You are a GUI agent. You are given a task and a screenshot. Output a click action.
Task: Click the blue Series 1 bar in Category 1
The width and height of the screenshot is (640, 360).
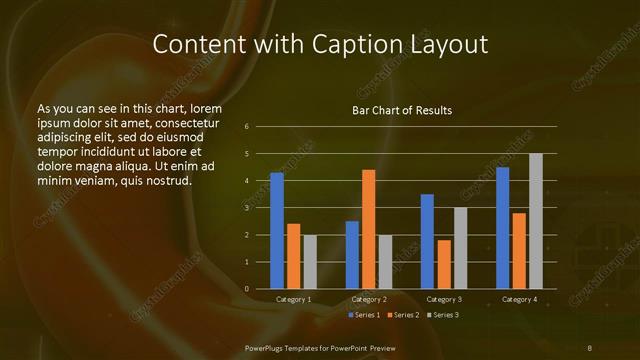[277, 231]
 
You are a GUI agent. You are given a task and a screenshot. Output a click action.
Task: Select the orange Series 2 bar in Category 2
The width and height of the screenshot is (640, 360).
[368, 229]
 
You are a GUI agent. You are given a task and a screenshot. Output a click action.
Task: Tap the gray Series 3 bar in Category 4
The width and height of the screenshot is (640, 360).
[536, 221]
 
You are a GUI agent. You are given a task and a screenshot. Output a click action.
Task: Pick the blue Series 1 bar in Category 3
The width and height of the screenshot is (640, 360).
[427, 241]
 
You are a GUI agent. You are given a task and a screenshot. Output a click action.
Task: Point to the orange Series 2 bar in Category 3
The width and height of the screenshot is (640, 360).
[444, 264]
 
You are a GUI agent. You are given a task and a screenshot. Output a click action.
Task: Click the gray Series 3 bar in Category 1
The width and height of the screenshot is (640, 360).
[310, 261]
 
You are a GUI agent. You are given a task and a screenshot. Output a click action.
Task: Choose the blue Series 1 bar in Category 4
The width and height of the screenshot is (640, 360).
[502, 228]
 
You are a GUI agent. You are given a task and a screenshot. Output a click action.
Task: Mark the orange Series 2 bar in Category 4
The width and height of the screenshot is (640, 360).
[519, 250]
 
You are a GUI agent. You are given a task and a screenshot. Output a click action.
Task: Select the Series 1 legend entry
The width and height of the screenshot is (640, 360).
[365, 315]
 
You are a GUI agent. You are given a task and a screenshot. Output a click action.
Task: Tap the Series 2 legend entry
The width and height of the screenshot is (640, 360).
[403, 315]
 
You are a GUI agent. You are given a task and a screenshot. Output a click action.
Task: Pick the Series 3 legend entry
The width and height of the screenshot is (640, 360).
[442, 315]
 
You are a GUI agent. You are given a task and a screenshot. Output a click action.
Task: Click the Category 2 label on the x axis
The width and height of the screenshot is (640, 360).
[368, 299]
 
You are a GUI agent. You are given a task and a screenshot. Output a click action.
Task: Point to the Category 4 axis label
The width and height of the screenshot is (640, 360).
[519, 299]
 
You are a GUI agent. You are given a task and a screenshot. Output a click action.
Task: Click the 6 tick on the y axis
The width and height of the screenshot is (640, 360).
[246, 127]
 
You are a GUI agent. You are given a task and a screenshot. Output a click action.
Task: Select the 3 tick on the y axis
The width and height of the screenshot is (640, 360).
[246, 208]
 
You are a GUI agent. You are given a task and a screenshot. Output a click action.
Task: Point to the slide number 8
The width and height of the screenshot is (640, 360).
[590, 347]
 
